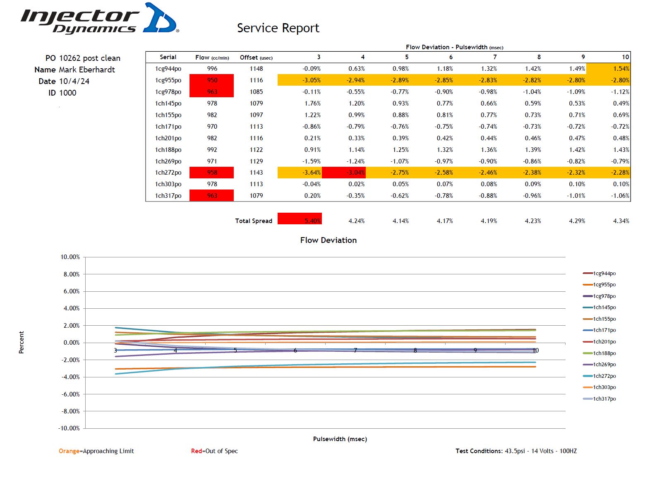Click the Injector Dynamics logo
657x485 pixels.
click(x=99, y=19)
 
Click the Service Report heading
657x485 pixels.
click(x=278, y=28)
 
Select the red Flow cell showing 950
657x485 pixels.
click(x=212, y=80)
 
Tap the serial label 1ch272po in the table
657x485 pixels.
click(x=168, y=173)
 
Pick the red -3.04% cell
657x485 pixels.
click(x=343, y=173)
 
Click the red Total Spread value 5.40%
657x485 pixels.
click(x=300, y=219)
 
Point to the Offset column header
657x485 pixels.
click(x=256, y=58)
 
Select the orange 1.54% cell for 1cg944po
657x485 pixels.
click(x=609, y=69)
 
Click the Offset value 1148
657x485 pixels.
click(x=256, y=69)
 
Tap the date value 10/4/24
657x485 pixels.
click(x=74, y=82)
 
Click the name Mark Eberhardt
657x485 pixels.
click(x=87, y=70)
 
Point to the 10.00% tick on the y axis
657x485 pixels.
click(x=70, y=257)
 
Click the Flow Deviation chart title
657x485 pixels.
click(x=328, y=240)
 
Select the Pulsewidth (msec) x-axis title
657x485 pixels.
click(x=340, y=439)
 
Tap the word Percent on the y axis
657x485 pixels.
click(x=22, y=342)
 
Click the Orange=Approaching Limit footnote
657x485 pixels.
click(x=96, y=451)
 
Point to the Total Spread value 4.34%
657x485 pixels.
click(x=621, y=221)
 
